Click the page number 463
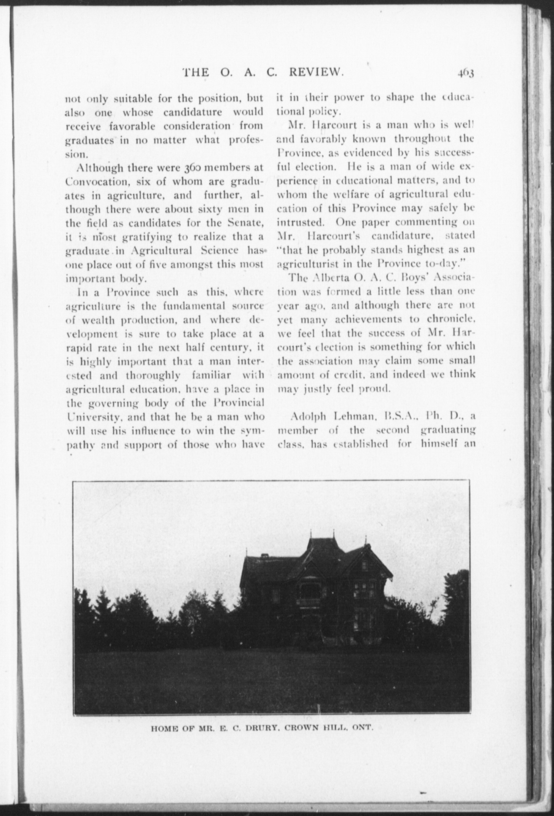tap(465, 73)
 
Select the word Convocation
tap(90, 182)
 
